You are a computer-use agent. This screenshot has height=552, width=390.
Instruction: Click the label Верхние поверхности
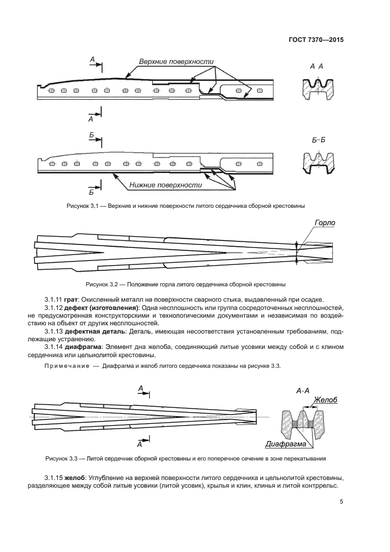[x=175, y=61]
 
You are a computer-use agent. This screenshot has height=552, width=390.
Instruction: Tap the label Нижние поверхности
[x=166, y=185]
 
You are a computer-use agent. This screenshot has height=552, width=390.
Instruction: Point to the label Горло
[x=324, y=224]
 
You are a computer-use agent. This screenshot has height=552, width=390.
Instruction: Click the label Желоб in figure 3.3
[x=325, y=400]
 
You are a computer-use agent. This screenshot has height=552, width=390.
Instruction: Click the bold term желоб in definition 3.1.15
[x=77, y=477]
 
